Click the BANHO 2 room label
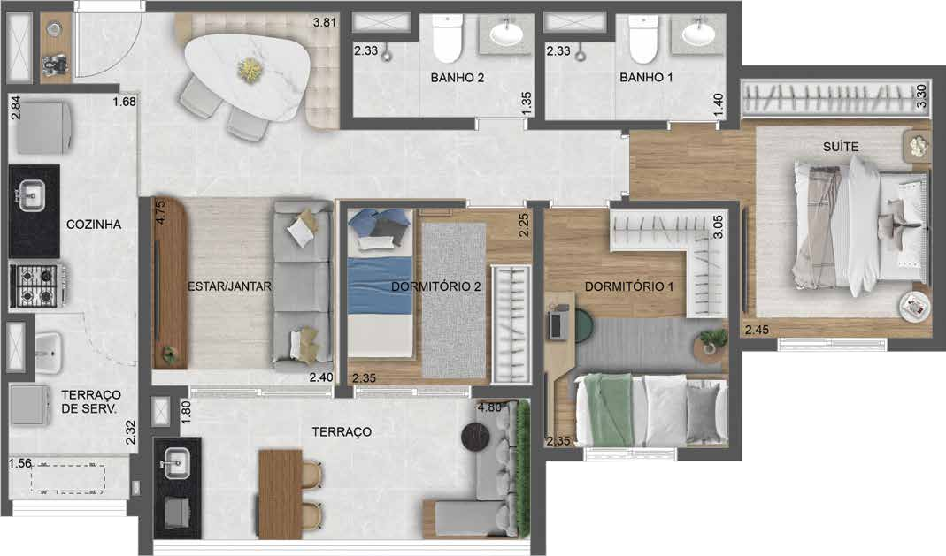click(x=458, y=78)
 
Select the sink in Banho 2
click(x=506, y=35)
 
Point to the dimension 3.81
click(x=326, y=23)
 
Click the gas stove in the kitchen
click(x=34, y=286)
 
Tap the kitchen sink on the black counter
click(x=33, y=194)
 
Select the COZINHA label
click(x=94, y=225)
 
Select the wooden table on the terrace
click(x=280, y=491)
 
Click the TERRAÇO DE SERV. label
click(x=90, y=401)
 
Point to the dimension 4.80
click(x=490, y=408)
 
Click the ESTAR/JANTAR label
click(x=229, y=286)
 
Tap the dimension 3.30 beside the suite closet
click(x=920, y=95)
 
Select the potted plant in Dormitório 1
click(x=711, y=339)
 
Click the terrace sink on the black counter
click(x=177, y=461)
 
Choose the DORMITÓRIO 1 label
click(x=629, y=286)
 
